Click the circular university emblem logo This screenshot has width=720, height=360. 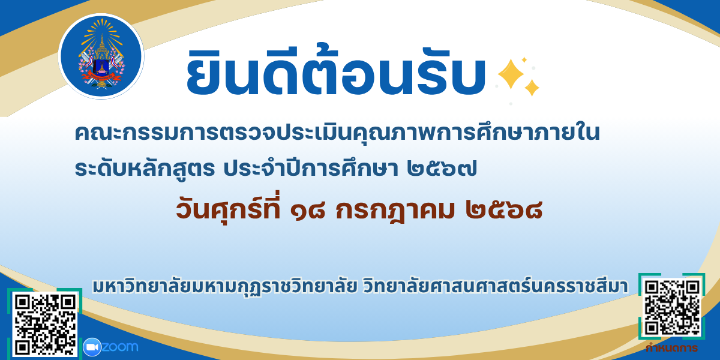point(101,56)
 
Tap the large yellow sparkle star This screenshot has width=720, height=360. point(511,74)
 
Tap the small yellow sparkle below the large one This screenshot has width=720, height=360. point(532,88)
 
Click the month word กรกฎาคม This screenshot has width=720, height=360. point(395,211)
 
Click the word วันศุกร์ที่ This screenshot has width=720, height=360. point(229,207)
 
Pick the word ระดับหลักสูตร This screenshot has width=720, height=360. point(145,169)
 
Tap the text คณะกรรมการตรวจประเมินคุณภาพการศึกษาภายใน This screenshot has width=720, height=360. point(337,132)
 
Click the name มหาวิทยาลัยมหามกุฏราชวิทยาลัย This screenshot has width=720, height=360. point(225,287)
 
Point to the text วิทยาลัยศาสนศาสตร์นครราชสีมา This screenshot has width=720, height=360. point(496,286)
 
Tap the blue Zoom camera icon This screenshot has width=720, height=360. point(92,347)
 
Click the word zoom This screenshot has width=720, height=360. point(120,347)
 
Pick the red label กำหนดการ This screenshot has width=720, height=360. point(671,348)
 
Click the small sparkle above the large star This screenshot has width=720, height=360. point(524,59)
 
